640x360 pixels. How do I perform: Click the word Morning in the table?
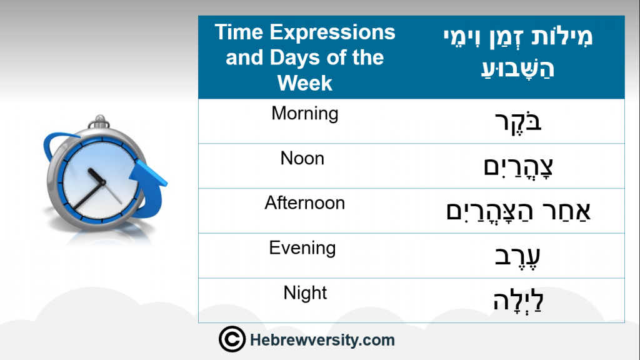(x=305, y=114)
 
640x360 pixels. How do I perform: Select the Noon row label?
(x=302, y=158)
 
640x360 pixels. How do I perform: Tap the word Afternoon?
(x=304, y=203)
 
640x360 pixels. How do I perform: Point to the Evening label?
(x=302, y=248)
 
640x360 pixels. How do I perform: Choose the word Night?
(x=305, y=293)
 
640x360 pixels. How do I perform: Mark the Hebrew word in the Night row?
(x=518, y=301)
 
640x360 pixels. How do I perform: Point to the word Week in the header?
(x=304, y=83)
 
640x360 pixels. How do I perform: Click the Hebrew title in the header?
(x=518, y=52)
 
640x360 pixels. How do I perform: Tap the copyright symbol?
(x=232, y=339)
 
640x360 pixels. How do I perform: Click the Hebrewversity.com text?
(x=322, y=340)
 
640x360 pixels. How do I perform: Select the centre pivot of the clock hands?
(x=103, y=182)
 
